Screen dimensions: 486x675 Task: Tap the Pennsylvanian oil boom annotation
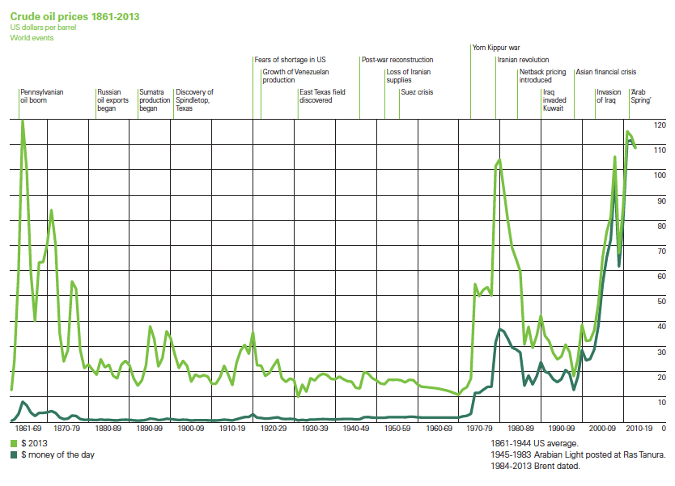point(42,96)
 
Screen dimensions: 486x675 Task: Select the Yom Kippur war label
point(496,47)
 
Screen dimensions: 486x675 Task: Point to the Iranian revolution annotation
point(523,60)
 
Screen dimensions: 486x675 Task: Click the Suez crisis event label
point(417,92)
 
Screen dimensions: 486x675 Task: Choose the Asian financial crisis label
point(606,72)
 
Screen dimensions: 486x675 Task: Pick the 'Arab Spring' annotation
point(641,96)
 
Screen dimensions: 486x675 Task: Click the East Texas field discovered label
point(322,96)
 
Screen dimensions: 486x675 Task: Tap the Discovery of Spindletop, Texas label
point(194,99)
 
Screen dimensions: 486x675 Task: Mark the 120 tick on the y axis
point(659,125)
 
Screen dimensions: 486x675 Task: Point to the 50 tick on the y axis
point(660,301)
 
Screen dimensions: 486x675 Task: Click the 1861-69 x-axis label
point(29,428)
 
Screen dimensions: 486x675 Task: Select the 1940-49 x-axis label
point(356,428)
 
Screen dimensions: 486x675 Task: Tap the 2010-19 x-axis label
point(640,428)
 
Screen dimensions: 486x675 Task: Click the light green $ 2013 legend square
point(14,444)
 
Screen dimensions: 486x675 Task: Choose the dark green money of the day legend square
point(14,455)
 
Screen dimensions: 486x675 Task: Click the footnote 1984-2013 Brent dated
point(536,466)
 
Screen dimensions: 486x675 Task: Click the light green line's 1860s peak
point(23,120)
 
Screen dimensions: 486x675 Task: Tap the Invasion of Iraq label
point(609,96)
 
